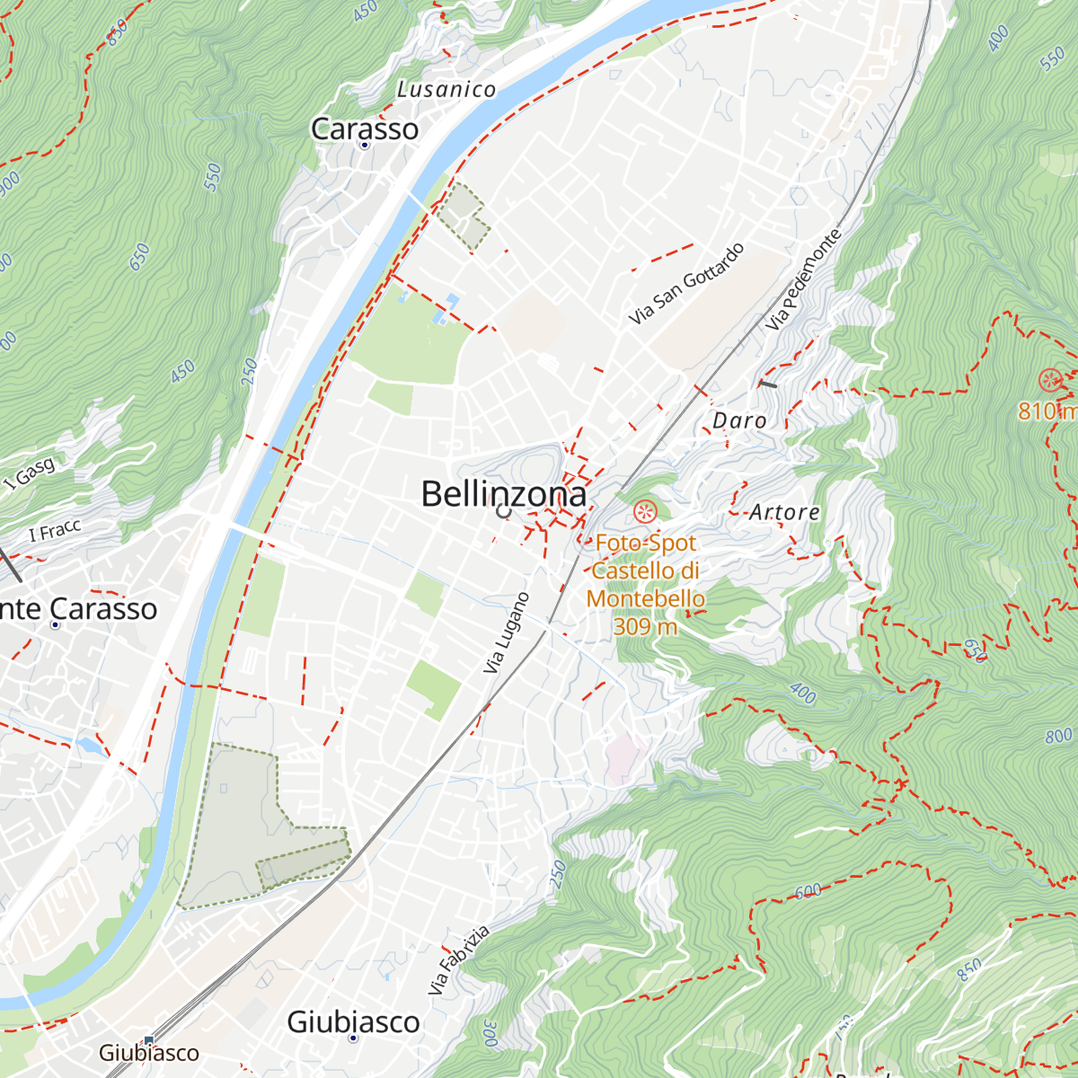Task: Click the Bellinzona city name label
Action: click(503, 494)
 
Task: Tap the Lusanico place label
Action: click(446, 90)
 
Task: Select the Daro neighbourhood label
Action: click(739, 420)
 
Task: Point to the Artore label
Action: click(784, 512)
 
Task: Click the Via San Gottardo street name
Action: click(686, 284)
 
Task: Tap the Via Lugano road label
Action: click(507, 633)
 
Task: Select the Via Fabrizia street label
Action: click(459, 959)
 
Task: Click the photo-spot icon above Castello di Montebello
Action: click(645, 513)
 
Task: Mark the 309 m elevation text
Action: click(645, 625)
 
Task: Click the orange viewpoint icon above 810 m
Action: click(1049, 380)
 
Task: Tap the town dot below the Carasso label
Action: click(365, 145)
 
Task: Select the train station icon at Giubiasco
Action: click(149, 1039)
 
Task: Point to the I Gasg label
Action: click(29, 473)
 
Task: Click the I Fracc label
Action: click(55, 531)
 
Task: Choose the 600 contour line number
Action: click(808, 892)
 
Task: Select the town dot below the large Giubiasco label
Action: click(353, 1038)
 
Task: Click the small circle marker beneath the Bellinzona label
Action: click(503, 511)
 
